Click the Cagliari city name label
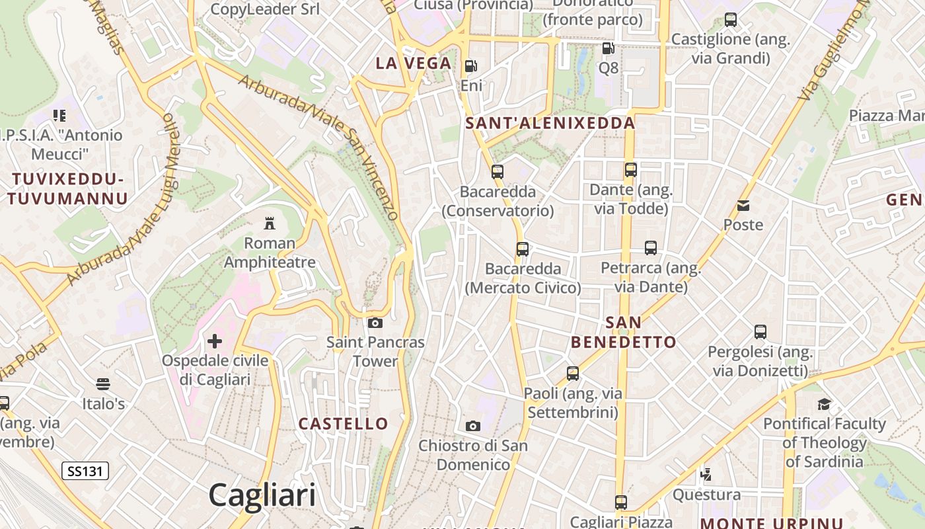(x=262, y=495)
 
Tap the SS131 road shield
(x=85, y=471)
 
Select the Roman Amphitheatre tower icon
(x=269, y=223)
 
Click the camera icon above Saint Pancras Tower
(x=375, y=323)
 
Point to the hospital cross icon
(x=215, y=341)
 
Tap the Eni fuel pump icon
(x=470, y=65)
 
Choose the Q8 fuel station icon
(x=607, y=48)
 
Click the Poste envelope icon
(x=743, y=205)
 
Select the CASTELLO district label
(x=343, y=423)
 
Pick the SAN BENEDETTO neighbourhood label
(x=623, y=332)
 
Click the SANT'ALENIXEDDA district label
(x=550, y=123)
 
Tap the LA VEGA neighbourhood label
(x=414, y=63)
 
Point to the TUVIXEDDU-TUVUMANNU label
(x=67, y=188)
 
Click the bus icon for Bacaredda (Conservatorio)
(x=498, y=172)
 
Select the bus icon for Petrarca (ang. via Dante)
(x=651, y=248)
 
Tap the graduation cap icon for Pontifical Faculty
(x=824, y=404)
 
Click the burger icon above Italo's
(x=102, y=384)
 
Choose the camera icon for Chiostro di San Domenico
(x=473, y=426)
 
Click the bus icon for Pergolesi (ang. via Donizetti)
(x=760, y=332)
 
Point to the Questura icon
(x=706, y=473)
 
